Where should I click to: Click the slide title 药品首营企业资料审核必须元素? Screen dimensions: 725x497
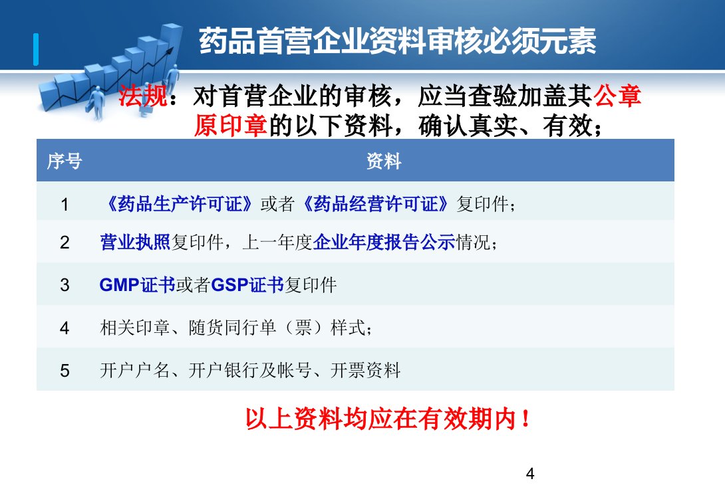tap(398, 41)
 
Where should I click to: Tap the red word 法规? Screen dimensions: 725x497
tap(142, 96)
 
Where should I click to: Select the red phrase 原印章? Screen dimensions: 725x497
tap(231, 125)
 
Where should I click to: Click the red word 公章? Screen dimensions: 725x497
tap(617, 96)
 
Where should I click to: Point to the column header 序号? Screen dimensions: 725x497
tap(65, 161)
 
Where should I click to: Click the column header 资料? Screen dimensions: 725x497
tap(384, 161)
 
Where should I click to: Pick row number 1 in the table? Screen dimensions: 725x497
tap(65, 204)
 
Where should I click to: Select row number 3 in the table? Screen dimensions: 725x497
tap(65, 285)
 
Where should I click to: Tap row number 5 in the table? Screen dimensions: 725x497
tap(65, 371)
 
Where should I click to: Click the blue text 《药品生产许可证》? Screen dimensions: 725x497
tap(180, 204)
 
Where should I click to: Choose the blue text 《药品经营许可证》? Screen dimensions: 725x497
tap(375, 204)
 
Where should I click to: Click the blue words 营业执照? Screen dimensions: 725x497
tap(135, 242)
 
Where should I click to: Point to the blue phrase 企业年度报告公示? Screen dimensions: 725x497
tap(384, 242)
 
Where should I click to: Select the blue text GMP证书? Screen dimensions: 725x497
tap(137, 285)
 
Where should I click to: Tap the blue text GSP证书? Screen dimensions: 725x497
tap(247, 285)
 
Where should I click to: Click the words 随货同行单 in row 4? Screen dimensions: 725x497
tap(232, 328)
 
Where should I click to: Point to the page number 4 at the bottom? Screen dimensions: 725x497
tap(530, 474)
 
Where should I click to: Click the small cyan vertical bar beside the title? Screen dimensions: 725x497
tap(36, 49)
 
